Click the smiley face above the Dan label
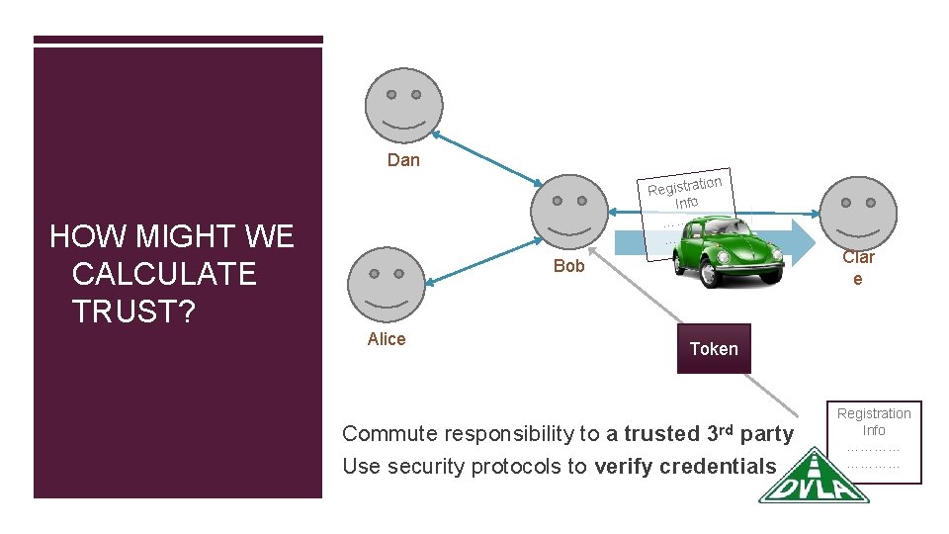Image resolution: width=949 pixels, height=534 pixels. (403, 105)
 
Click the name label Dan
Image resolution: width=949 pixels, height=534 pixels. (403, 160)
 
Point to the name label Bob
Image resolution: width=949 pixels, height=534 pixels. (569, 265)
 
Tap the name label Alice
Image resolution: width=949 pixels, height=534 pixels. (387, 339)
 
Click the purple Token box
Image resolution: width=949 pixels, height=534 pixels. (714, 348)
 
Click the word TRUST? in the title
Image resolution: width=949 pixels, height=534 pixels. (133, 311)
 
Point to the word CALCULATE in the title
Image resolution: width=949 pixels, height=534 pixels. (164, 273)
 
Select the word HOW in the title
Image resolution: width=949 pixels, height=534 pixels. (85, 236)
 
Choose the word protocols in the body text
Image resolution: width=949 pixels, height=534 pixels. (537, 466)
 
